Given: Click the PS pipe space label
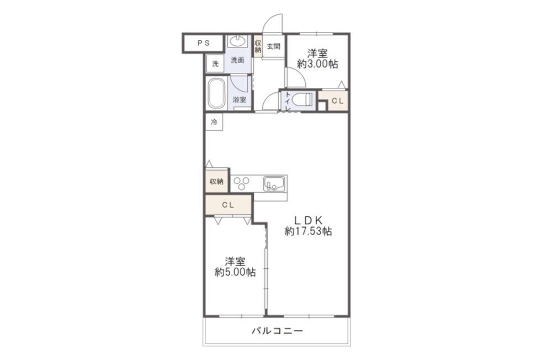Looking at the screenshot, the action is point(203,43).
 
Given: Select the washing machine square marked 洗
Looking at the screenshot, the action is point(215,63).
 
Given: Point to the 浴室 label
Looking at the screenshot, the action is point(240,100).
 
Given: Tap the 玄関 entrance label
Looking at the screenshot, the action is point(273,46).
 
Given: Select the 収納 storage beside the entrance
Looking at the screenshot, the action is point(258,46).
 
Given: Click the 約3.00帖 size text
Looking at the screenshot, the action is point(317,64).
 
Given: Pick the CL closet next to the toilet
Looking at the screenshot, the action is point(338,100).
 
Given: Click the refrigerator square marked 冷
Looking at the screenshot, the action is point(214,122).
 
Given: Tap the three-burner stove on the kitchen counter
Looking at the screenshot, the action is point(242,183).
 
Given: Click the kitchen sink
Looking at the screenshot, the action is point(274,183).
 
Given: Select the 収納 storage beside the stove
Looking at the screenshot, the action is point(217,182).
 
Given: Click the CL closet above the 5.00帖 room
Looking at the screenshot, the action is point(228,205).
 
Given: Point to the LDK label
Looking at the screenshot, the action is point(308,220).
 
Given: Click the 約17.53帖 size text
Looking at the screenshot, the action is point(308,231).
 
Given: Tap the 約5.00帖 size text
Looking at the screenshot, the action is point(235,272).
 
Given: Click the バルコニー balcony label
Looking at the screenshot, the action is point(277,331).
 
